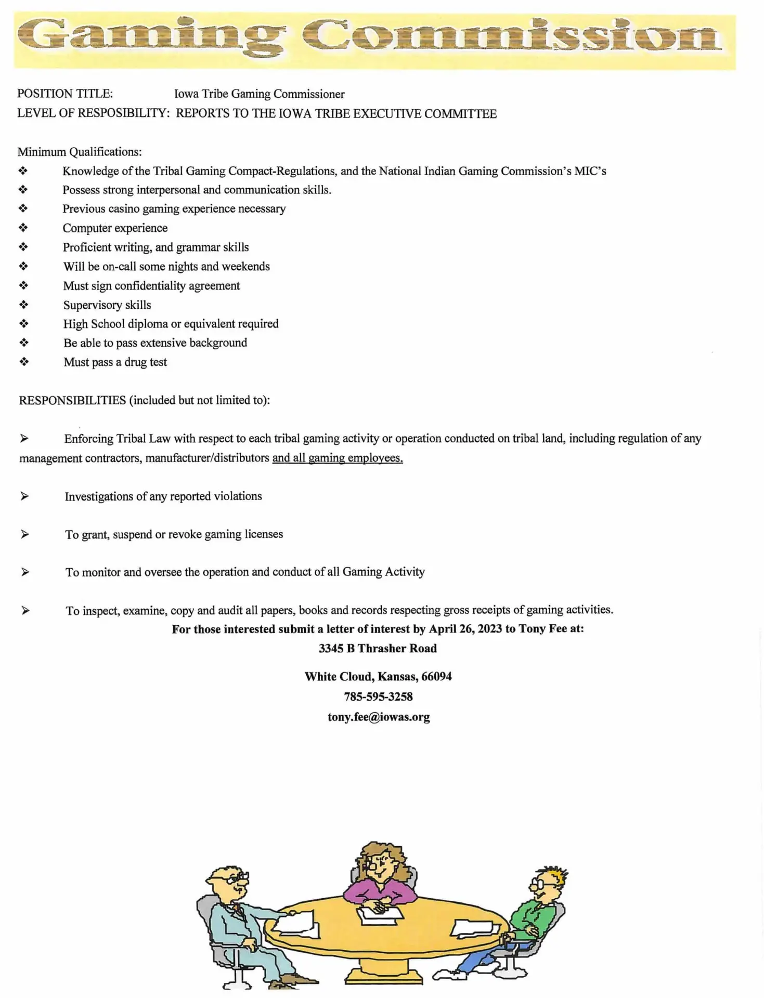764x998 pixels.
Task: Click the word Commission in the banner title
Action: (x=512, y=35)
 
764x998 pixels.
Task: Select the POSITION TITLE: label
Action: (x=65, y=94)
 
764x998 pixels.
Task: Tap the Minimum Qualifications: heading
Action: (x=80, y=152)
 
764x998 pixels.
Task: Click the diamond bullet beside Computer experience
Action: (x=23, y=228)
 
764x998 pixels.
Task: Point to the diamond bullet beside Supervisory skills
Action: (x=23, y=305)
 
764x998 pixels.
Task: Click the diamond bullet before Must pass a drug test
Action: (x=24, y=362)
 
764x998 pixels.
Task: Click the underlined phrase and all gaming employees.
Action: (x=338, y=458)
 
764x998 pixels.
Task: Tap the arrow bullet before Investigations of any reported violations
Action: (x=24, y=496)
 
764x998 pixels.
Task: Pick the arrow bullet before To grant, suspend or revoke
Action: (x=25, y=534)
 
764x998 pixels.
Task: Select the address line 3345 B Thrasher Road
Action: (x=378, y=649)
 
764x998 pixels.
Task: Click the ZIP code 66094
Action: (x=436, y=677)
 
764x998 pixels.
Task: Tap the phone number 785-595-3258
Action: (x=378, y=697)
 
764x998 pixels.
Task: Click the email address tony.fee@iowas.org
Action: (x=379, y=717)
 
